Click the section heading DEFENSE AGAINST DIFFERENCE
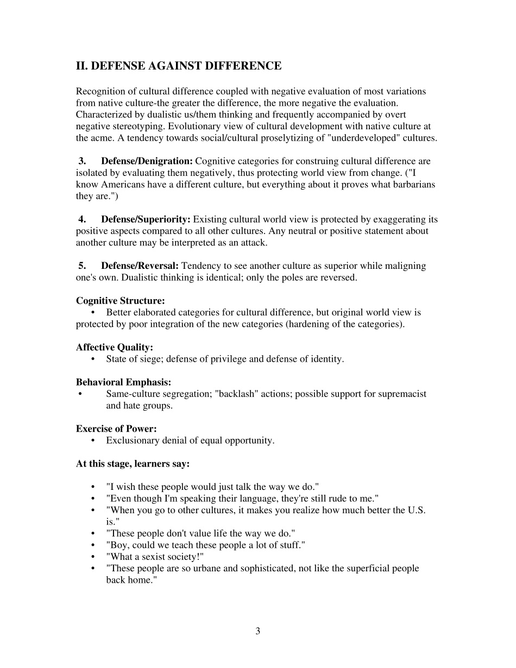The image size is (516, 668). (x=179, y=66)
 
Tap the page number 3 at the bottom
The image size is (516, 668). (x=257, y=631)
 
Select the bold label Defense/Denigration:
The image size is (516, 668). (x=147, y=161)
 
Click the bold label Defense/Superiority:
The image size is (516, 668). (x=146, y=219)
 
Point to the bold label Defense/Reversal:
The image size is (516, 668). (x=140, y=266)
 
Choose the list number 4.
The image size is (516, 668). (x=82, y=219)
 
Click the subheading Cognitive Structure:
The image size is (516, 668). (x=121, y=301)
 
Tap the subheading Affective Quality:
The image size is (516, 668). (x=115, y=348)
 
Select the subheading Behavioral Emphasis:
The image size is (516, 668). (x=124, y=382)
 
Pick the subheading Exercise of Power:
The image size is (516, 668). (x=116, y=429)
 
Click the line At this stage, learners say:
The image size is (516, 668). (x=133, y=464)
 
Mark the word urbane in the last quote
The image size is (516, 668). (x=221, y=569)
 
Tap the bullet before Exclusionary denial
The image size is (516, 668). (x=94, y=440)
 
